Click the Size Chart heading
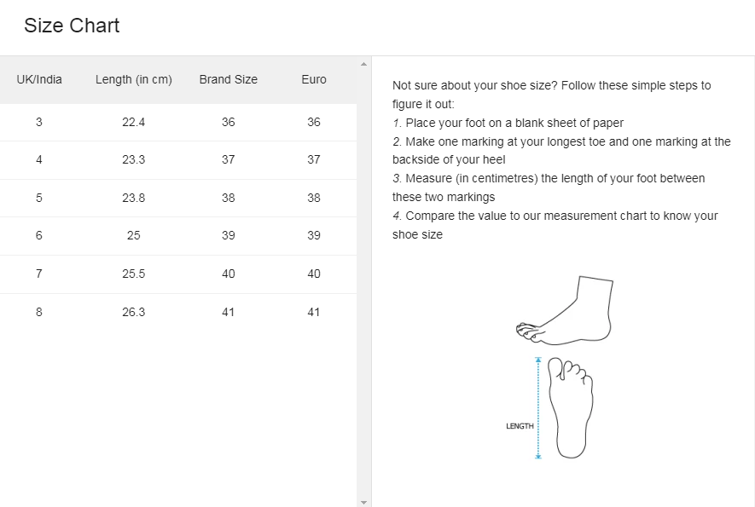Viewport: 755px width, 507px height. tap(72, 26)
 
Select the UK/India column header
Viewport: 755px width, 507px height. tap(39, 79)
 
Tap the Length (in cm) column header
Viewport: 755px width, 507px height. tap(134, 79)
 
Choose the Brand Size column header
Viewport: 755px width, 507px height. tap(228, 79)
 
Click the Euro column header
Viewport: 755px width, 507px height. tap(314, 79)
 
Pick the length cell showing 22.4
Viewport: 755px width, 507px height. tap(134, 122)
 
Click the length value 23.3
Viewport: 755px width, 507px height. tap(134, 159)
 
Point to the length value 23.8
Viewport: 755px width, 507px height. tap(134, 198)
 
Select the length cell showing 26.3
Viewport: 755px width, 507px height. tap(134, 312)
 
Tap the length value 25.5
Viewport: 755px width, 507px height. tap(134, 274)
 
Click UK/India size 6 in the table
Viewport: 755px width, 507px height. tap(39, 235)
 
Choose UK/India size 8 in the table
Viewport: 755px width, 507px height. tap(39, 312)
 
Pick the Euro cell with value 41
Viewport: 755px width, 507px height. tap(314, 312)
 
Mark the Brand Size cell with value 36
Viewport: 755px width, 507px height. tap(228, 122)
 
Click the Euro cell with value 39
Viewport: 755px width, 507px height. tap(314, 235)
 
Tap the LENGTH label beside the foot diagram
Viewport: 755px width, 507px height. tap(520, 426)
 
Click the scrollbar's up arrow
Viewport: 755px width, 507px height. tap(364, 64)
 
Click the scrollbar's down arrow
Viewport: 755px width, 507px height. tap(364, 502)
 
